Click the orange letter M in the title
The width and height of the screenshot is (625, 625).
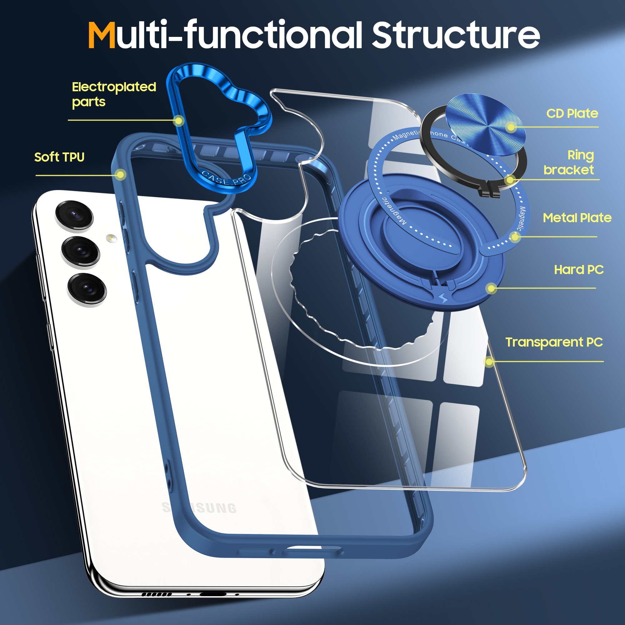coord(102,36)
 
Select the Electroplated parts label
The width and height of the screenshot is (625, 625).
coord(113,94)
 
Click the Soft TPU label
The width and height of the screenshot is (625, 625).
coord(59,157)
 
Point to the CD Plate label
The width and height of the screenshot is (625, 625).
coord(572,113)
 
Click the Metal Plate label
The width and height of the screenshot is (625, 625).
coord(577,218)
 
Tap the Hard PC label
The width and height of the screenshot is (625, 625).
coord(579,270)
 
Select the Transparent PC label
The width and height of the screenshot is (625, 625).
coord(554,342)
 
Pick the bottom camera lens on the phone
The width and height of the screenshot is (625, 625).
coord(86,288)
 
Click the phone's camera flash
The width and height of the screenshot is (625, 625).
coord(111,238)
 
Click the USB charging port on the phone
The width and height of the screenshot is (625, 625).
coord(212,594)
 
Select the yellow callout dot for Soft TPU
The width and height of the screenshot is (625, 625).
coord(120,175)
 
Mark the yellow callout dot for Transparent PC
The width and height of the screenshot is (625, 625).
coord(489,361)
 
